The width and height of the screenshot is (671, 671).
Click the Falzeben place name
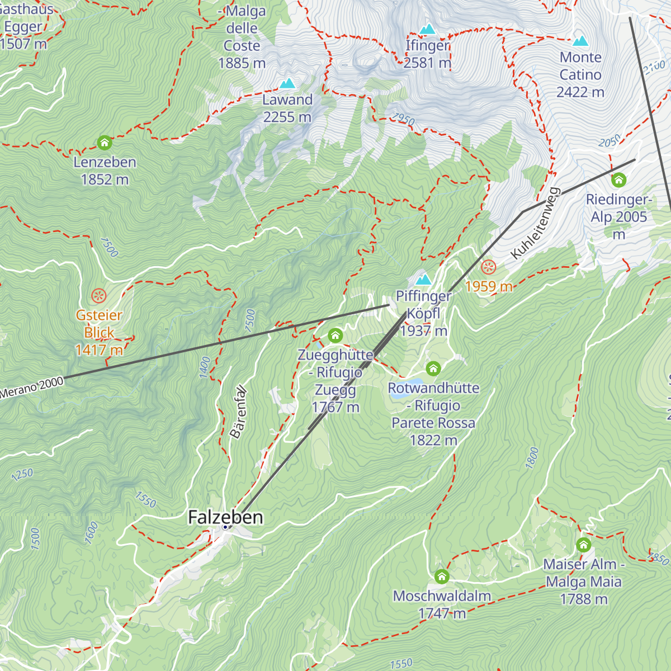click(225, 517)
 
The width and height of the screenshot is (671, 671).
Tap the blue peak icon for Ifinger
click(428, 29)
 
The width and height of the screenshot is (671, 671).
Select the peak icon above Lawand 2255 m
click(287, 84)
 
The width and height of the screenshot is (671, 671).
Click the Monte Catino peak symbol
click(580, 41)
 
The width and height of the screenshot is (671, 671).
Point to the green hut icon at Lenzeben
click(105, 143)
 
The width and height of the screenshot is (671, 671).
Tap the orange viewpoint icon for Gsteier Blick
click(99, 295)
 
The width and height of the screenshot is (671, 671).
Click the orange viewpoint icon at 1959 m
click(489, 267)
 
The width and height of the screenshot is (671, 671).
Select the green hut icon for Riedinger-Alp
click(618, 180)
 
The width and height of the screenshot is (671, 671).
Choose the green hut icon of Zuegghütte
click(335, 335)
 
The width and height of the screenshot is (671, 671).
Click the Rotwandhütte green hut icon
click(433, 368)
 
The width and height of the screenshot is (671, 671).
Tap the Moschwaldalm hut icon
click(442, 577)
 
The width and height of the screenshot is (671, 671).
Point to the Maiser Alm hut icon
click(583, 545)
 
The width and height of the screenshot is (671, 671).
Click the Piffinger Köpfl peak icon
click(423, 279)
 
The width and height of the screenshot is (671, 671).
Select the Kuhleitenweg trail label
click(535, 224)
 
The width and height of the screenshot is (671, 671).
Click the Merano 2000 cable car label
click(32, 388)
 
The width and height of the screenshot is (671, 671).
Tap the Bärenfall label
click(238, 412)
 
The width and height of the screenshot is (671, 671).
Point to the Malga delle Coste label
click(242, 37)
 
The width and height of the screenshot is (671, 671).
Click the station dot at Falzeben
click(225, 527)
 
